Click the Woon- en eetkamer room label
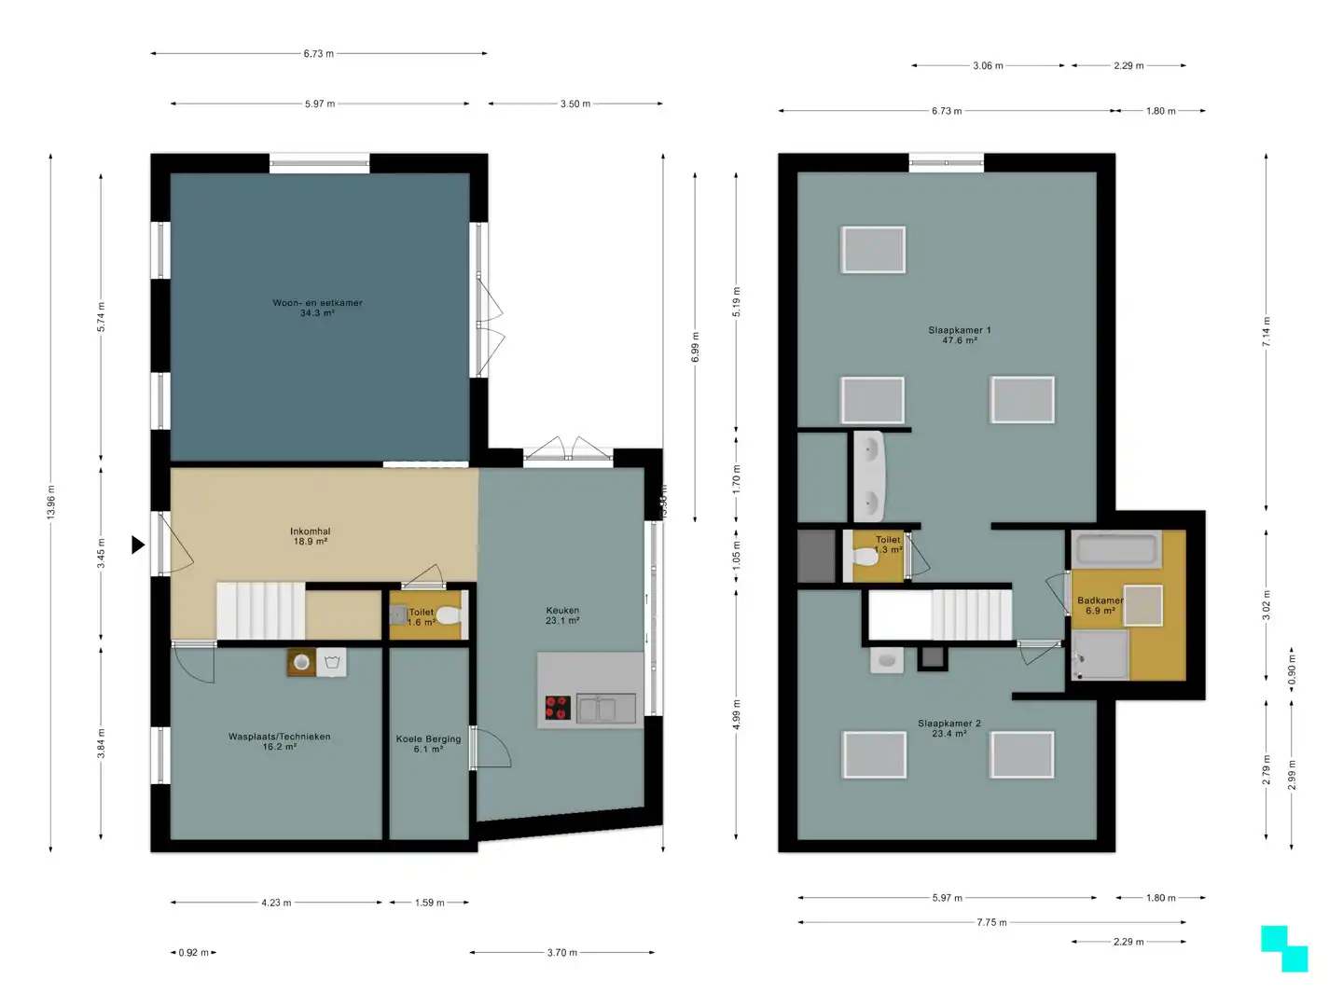(317, 308)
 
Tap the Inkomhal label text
(310, 536)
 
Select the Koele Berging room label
(428, 743)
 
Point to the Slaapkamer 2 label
(948, 728)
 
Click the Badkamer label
(1099, 605)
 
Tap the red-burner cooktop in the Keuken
(557, 708)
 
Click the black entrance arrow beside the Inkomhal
(138, 545)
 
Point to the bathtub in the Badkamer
(1115, 548)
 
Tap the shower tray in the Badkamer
(1100, 655)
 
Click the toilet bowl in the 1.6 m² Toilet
(448, 615)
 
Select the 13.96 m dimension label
(50, 503)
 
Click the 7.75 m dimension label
(991, 922)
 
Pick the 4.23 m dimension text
(276, 903)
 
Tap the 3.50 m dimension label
(575, 103)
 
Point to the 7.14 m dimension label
(1266, 332)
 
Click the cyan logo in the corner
(1284, 948)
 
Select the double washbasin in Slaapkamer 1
(868, 476)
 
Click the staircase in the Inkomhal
(260, 611)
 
